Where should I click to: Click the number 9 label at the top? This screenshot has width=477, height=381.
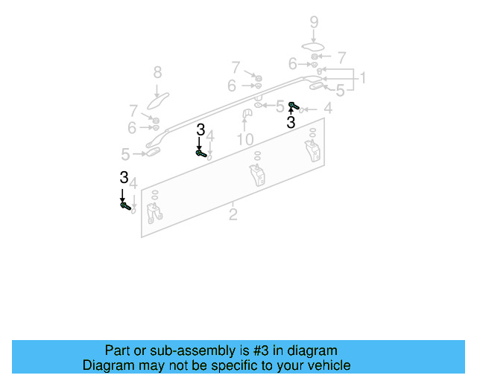pyautogui.click(x=314, y=22)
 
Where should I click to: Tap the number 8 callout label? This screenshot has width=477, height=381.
pyautogui.click(x=157, y=72)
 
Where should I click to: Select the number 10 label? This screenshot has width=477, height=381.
pyautogui.click(x=245, y=140)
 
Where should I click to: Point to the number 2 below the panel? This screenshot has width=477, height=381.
pyautogui.click(x=233, y=215)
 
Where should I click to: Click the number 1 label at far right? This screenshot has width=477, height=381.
pyautogui.click(x=362, y=78)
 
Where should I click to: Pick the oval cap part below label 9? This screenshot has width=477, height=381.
pyautogui.click(x=313, y=48)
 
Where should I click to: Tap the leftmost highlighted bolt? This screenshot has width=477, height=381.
pyautogui.click(x=125, y=205)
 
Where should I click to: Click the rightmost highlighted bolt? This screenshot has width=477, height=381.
pyautogui.click(x=293, y=106)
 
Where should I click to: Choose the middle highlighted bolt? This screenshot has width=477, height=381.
pyautogui.click(x=200, y=153)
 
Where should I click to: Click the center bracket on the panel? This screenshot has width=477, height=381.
pyautogui.click(x=257, y=176)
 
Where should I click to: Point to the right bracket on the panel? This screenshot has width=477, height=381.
pyautogui.click(x=312, y=148)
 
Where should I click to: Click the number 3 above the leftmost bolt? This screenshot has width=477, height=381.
pyautogui.click(x=123, y=177)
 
